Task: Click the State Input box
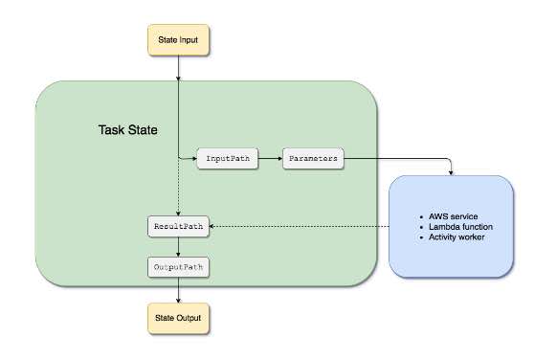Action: (x=178, y=42)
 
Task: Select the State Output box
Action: (x=178, y=318)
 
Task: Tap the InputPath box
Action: (x=228, y=158)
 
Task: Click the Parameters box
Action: (x=313, y=158)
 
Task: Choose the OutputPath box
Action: (x=177, y=265)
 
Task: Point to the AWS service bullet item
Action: (x=457, y=217)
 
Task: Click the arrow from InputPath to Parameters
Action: (x=271, y=158)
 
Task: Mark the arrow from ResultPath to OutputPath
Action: (x=178, y=245)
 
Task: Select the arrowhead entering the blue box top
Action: (x=452, y=172)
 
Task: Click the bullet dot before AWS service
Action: (x=422, y=217)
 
